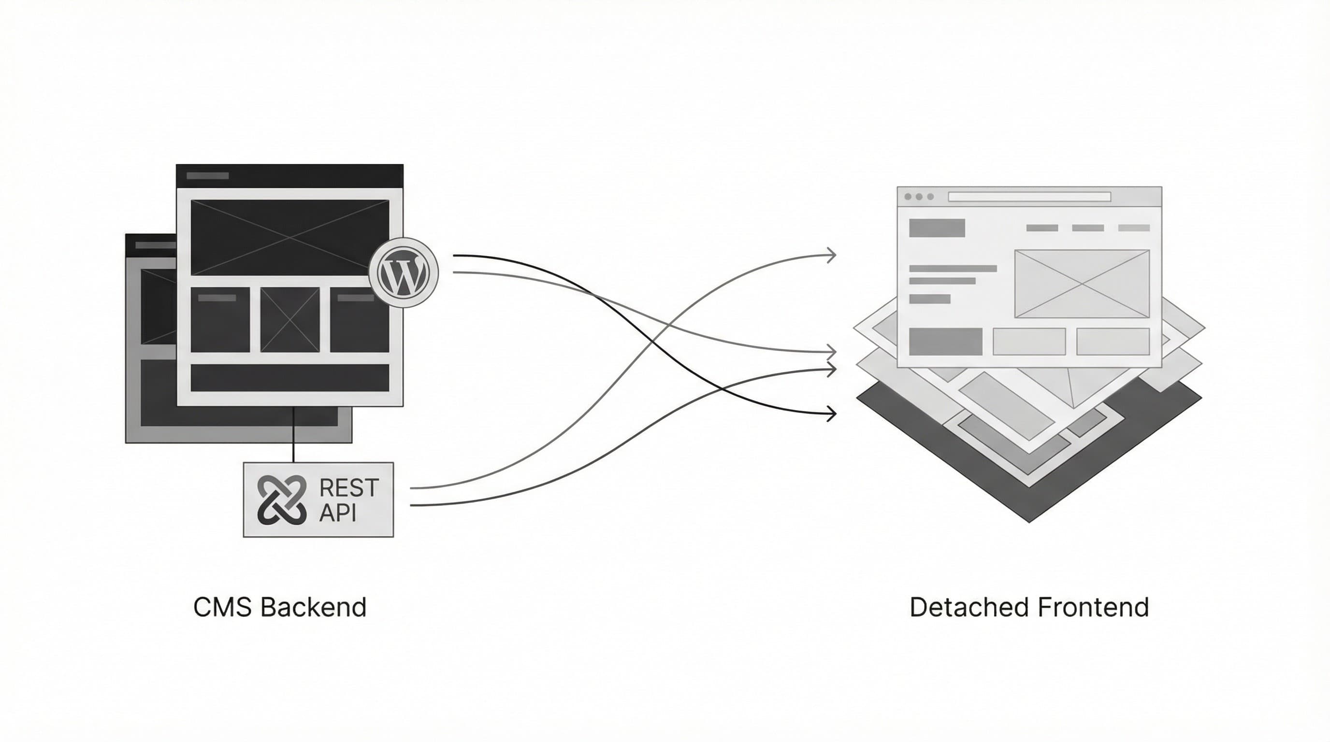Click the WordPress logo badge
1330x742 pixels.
pyautogui.click(x=403, y=272)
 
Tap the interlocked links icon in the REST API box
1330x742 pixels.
pyautogui.click(x=282, y=499)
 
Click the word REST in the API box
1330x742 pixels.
pyautogui.click(x=349, y=487)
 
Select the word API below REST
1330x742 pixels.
pyautogui.click(x=338, y=513)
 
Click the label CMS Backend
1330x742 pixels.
pyautogui.click(x=280, y=607)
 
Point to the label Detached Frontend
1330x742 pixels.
pyautogui.click(x=1028, y=607)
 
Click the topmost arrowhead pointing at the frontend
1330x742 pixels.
pyautogui.click(x=831, y=255)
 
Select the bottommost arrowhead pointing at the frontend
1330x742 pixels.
pyautogui.click(x=831, y=414)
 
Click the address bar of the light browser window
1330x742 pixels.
pyautogui.click(x=1029, y=197)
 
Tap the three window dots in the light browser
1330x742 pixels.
pyautogui.click(x=919, y=197)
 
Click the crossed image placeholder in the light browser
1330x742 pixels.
pyautogui.click(x=1082, y=283)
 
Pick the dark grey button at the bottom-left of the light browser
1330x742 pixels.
pyautogui.click(x=945, y=342)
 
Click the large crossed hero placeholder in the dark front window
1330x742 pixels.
pyautogui.click(x=289, y=237)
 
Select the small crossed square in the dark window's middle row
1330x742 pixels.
pyautogui.click(x=289, y=320)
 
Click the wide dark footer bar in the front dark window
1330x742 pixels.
pyautogui.click(x=289, y=378)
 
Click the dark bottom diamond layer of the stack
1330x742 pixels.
pyautogui.click(x=1028, y=495)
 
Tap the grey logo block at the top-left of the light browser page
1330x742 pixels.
pyautogui.click(x=937, y=228)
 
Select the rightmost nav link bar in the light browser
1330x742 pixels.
pyautogui.click(x=1134, y=228)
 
